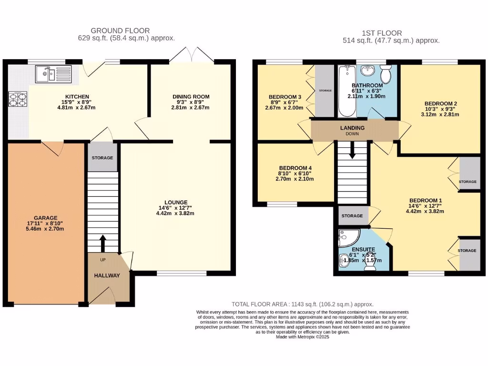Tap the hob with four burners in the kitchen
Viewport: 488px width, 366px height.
pos(17,99)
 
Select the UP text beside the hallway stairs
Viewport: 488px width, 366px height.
pos(102,260)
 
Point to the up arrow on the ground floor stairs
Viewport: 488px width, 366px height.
pos(102,243)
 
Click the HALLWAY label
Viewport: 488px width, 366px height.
pos(107,275)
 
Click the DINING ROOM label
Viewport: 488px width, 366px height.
pos(191,97)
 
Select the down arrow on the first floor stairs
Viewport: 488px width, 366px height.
pos(352,152)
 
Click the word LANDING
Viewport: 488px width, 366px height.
pos(352,128)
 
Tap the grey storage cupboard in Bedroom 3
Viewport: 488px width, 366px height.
pos(325,90)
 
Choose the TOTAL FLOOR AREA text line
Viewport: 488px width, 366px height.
pos(302,304)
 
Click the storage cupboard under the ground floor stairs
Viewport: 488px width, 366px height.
pos(102,157)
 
